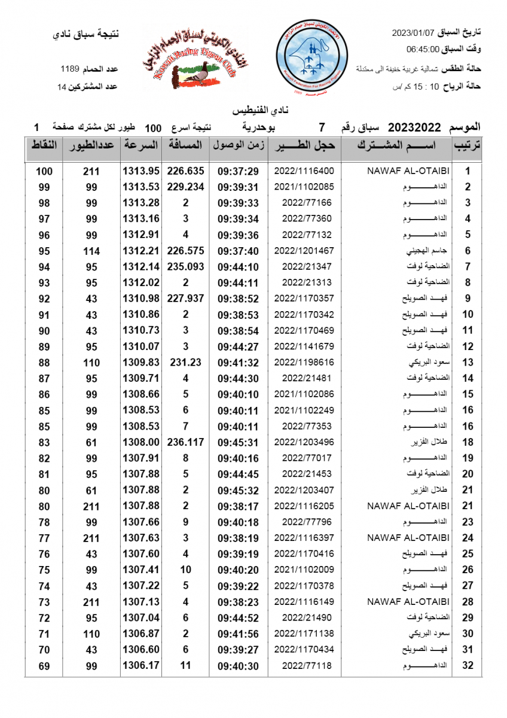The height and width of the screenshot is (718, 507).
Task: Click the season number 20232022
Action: tap(414, 127)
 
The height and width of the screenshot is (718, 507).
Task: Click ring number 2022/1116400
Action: tap(304, 171)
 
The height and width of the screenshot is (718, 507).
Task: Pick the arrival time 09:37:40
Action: tap(238, 251)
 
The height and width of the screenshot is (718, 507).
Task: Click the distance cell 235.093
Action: tap(185, 266)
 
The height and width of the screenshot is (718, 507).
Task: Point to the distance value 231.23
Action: tap(185, 362)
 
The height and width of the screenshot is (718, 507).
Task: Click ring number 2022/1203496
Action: tap(304, 442)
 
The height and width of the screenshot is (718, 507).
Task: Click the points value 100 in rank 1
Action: tap(44, 171)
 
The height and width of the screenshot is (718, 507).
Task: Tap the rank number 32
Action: tap(468, 665)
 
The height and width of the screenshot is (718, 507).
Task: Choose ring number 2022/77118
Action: tap(304, 665)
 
